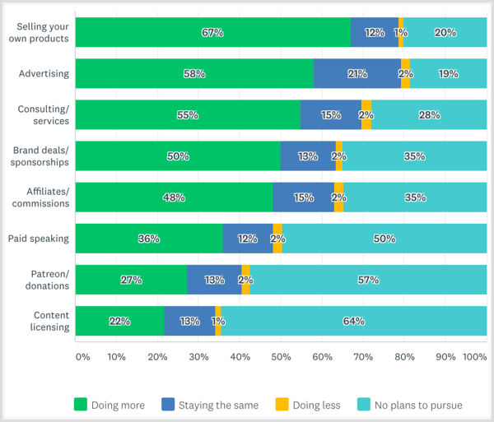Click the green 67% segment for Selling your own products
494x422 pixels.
[x=212, y=33]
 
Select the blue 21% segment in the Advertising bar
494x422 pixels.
[x=357, y=74]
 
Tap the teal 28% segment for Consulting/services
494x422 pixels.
[x=428, y=115]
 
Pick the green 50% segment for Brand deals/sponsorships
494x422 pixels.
[x=178, y=156]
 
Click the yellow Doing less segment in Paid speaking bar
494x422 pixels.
[x=277, y=239]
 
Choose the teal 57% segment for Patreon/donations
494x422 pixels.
[x=368, y=280]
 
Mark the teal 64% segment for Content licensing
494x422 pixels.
[x=354, y=321]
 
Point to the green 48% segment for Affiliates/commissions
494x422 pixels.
[x=174, y=197]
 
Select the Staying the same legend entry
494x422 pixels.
[x=212, y=404]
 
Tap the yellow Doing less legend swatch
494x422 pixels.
[x=282, y=404]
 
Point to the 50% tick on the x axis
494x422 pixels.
[x=281, y=357]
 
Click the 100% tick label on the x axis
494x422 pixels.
[x=475, y=357]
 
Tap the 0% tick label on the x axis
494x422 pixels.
[x=82, y=357]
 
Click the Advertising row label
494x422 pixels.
[x=44, y=74]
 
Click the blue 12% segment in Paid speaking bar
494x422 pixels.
[x=248, y=239]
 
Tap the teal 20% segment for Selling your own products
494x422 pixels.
[x=445, y=33]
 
